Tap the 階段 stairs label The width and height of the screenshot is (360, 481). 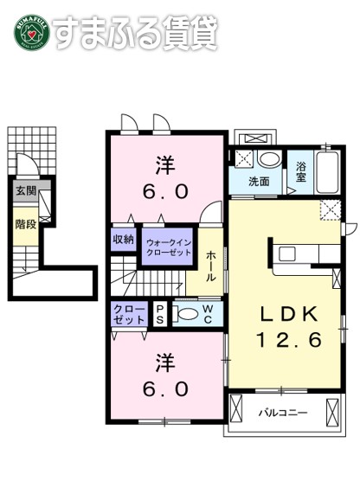click(23, 223)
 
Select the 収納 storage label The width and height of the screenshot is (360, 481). click(123, 239)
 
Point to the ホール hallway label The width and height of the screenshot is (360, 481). click(211, 258)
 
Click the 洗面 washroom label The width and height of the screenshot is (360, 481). click(258, 182)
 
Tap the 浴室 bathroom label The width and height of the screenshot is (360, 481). click(302, 172)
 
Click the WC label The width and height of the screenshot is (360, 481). click(209, 313)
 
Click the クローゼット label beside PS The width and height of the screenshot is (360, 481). click(128, 314)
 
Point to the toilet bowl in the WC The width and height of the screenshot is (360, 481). click(186, 313)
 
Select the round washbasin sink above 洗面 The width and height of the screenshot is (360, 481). click(270, 159)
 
